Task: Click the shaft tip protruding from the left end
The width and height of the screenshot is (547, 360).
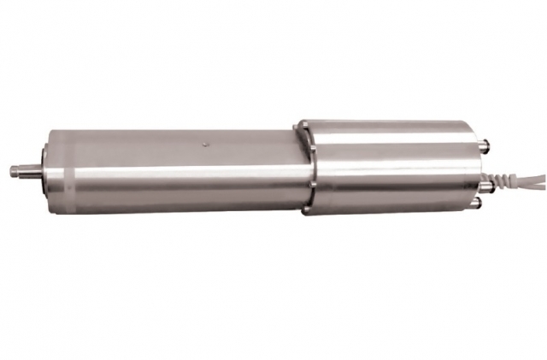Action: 15,170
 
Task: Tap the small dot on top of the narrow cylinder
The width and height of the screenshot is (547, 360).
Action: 203,145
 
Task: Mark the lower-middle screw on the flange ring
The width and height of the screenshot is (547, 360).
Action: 313,182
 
